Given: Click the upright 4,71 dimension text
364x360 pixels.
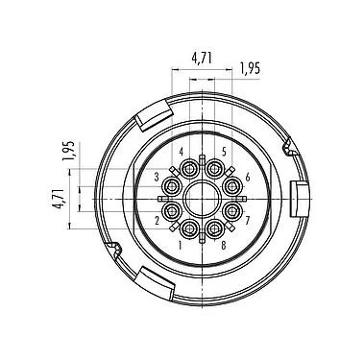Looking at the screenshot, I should click(x=202, y=58).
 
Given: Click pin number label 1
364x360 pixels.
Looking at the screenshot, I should click(x=180, y=245).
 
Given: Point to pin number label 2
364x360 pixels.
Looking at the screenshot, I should click(x=158, y=219).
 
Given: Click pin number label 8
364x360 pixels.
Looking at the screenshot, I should click(x=223, y=245).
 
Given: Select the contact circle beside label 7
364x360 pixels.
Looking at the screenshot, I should click(x=231, y=210).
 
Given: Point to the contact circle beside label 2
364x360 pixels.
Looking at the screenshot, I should click(x=172, y=210).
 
